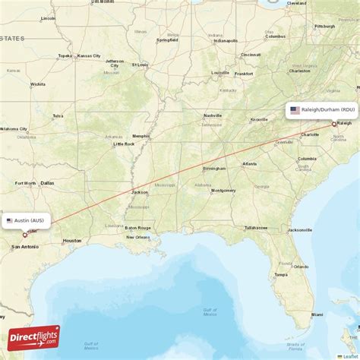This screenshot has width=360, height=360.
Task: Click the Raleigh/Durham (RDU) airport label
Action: click(321, 110)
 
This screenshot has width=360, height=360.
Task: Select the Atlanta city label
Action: click(249, 164)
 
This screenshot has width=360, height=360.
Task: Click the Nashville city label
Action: click(212, 115)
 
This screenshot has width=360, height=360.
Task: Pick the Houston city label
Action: click(72, 241)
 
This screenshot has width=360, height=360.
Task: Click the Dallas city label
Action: click(47, 183)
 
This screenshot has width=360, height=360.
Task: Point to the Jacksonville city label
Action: click(299, 229)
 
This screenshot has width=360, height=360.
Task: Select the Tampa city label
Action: click(281, 274)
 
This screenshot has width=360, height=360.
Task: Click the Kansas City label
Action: click(94, 55)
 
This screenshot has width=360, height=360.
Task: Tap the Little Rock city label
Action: click(124, 144)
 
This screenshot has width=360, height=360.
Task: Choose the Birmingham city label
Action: click(214, 169)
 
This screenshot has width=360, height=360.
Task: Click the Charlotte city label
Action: click(309, 134)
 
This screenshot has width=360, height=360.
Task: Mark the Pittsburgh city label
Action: click(325, 26)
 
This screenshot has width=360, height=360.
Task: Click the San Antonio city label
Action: click(25, 246)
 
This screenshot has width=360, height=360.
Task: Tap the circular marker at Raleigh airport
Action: click(333, 123)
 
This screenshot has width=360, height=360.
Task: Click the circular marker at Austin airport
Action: click(25, 235)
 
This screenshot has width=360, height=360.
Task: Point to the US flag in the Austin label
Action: click(10, 221)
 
